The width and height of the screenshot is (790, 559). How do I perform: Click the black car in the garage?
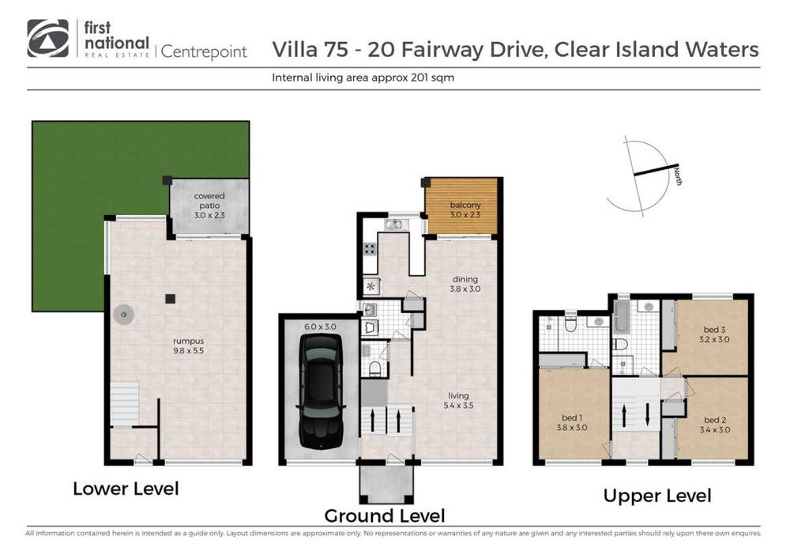click(320, 398)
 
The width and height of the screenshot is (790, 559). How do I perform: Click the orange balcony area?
click(461, 207)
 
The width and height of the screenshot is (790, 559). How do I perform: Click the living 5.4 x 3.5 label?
click(458, 401)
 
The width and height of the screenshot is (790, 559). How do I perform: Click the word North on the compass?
click(678, 176)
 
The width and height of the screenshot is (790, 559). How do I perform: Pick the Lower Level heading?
click(126, 489)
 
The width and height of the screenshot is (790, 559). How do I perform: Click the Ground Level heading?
click(385, 516)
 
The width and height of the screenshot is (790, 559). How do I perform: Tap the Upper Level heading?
click(657, 496)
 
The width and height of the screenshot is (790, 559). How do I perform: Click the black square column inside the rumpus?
click(169, 299)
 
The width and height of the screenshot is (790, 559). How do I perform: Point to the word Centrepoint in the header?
click(204, 52)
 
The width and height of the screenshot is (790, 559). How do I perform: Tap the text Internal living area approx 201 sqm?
click(362, 78)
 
